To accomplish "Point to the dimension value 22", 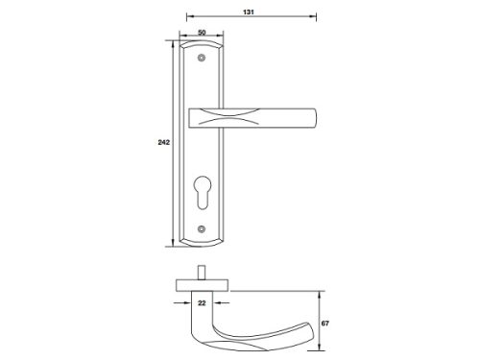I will coord(202,302).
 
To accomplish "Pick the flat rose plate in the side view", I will coord(202,284).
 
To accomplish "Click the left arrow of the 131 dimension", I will coord(186,18).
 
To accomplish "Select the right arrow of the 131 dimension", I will coord(314,18).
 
